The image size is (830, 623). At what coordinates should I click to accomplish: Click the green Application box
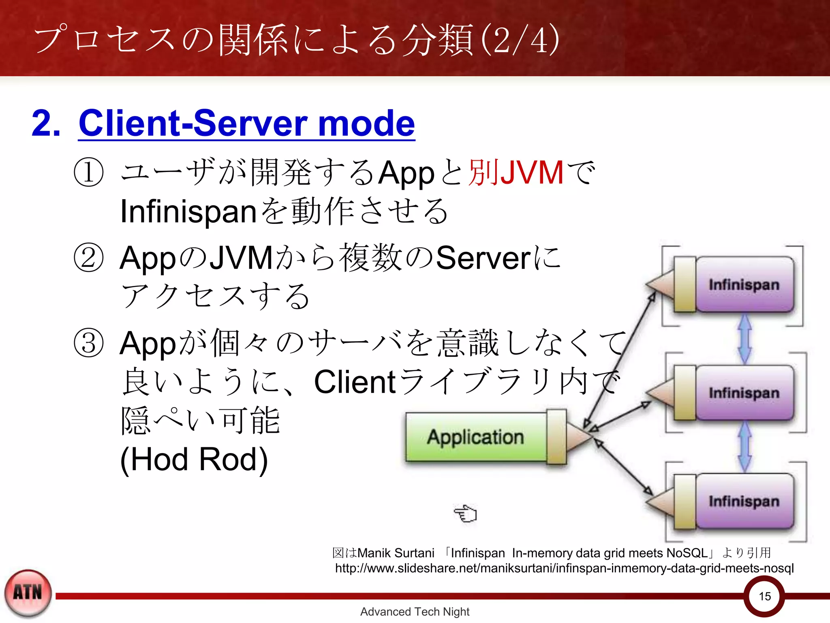click(x=476, y=437)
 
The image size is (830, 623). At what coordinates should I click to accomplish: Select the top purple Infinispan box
click(x=744, y=284)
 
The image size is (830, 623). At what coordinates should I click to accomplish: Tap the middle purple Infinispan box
click(x=744, y=393)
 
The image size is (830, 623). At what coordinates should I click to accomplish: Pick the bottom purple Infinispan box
click(x=744, y=501)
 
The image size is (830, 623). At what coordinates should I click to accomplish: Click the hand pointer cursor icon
click(x=466, y=514)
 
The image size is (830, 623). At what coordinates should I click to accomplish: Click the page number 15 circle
click(x=764, y=596)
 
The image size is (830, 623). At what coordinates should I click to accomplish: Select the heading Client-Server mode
click(x=246, y=123)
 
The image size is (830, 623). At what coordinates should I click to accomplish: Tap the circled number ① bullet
click(x=88, y=172)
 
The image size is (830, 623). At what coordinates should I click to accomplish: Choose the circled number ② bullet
click(x=88, y=258)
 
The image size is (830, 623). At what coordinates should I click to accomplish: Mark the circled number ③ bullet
click(x=88, y=343)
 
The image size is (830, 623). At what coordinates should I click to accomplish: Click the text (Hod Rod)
click(x=194, y=460)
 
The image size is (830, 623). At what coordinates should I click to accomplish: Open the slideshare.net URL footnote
click(x=564, y=568)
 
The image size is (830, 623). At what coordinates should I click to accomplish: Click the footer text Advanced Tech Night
click(x=415, y=612)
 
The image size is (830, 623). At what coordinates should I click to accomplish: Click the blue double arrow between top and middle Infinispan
click(x=744, y=339)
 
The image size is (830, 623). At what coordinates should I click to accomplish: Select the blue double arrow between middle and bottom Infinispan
click(x=744, y=447)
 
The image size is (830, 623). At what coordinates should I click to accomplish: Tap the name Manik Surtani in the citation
click(x=396, y=553)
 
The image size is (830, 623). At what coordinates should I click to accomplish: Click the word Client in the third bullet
click(x=355, y=382)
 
